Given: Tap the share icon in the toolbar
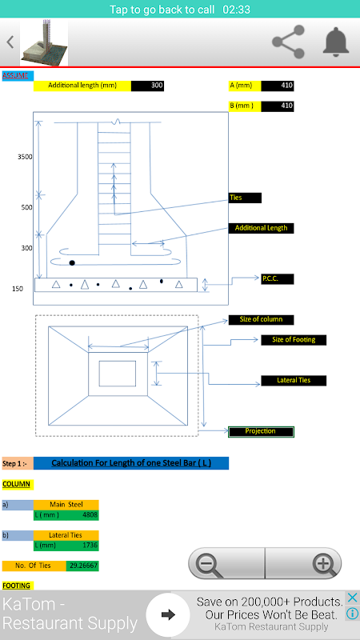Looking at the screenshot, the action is click(x=289, y=42).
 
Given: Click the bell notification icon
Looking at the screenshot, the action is click(x=336, y=42).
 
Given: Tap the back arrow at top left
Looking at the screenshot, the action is click(x=10, y=42).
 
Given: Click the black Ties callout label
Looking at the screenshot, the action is click(x=245, y=198).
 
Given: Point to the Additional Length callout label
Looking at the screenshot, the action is click(x=262, y=228).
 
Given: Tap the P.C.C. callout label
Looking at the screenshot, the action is click(x=278, y=279).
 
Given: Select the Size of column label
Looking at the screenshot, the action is click(x=262, y=319).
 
